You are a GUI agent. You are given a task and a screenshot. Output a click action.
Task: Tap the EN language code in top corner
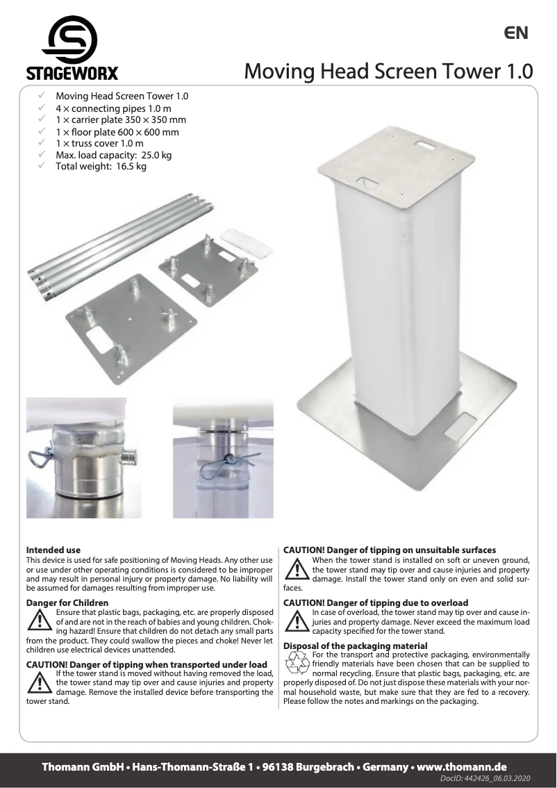coord(516,33)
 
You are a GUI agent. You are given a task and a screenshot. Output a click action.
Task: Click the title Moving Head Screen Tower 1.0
coord(388,71)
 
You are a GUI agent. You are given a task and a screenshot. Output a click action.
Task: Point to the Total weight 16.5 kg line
coord(101,167)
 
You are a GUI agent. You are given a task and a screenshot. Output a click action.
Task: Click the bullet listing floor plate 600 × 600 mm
coord(117,132)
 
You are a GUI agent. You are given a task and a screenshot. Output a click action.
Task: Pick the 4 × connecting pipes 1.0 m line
coord(113,108)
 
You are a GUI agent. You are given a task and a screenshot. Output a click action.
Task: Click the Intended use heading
coord(53,550)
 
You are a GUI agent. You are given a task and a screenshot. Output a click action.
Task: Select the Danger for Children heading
coord(67,602)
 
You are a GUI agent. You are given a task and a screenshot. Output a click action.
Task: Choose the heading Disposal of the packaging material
coord(356,646)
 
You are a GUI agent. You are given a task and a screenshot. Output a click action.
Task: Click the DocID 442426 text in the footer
coord(485,780)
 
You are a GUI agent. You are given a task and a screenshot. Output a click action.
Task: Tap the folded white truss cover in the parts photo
coord(241,238)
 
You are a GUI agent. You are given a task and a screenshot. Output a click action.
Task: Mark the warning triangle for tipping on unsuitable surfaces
coord(297,568)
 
